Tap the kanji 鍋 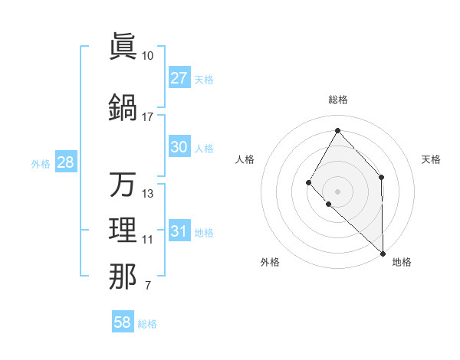tap(123, 106)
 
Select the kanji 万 tap(123, 185)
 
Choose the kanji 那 tap(123, 277)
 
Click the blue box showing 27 tap(179, 77)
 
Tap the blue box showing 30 tap(179, 147)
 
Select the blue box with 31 tap(179, 231)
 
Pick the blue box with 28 tap(65, 162)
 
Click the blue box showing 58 tap(123, 322)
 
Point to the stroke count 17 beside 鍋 tap(147, 117)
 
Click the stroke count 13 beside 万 tap(147, 194)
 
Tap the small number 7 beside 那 tap(147, 286)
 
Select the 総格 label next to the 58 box tap(147, 324)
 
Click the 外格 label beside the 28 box tap(40, 163)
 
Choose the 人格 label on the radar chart tap(245, 159)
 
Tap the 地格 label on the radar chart tap(402, 262)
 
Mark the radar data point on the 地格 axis tap(383, 253)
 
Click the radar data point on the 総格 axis tap(337, 129)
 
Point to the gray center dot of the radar tap(337, 191)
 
